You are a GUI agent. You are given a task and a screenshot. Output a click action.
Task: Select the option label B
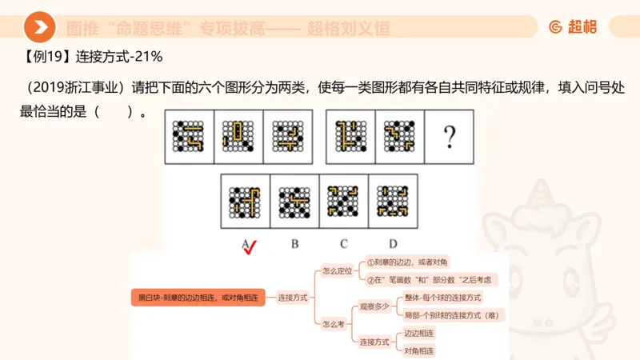click(x=294, y=243)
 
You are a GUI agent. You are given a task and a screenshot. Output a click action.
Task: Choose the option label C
click(x=343, y=243)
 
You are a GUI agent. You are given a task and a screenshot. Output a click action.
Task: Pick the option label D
click(x=393, y=243)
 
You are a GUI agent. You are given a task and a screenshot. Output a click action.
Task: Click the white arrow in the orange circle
click(x=40, y=27)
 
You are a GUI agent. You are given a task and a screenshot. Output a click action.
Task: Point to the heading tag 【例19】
click(x=44, y=58)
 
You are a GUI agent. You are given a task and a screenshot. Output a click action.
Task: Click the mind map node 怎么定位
click(x=337, y=270)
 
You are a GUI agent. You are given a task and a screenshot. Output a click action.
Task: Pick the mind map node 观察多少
click(x=374, y=305)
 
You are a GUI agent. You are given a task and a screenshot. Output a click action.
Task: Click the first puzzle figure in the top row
click(x=190, y=137)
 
